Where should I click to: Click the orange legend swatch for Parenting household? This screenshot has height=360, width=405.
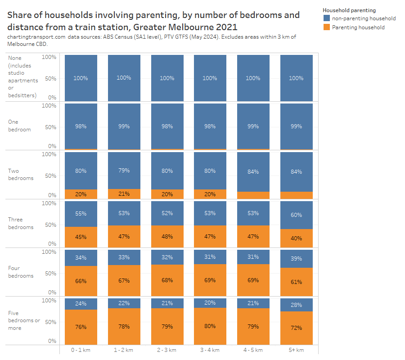click(x=327, y=27)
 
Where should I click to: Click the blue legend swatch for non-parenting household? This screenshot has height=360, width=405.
click(x=327, y=18)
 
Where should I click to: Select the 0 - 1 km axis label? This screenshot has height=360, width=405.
click(x=81, y=350)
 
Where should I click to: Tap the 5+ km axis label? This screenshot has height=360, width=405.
click(x=296, y=350)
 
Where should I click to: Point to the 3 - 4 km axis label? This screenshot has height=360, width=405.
click(x=210, y=350)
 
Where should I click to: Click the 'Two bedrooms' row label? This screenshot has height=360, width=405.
click(x=21, y=175)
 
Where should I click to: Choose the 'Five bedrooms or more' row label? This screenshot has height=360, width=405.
click(x=24, y=320)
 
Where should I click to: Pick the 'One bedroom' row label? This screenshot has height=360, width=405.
click(x=19, y=126)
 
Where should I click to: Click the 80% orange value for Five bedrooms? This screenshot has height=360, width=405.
click(x=210, y=326)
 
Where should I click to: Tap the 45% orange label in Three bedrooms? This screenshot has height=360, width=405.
click(x=81, y=237)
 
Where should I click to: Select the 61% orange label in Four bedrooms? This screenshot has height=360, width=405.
click(x=296, y=282)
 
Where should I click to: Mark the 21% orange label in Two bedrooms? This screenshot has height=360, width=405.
click(x=124, y=194)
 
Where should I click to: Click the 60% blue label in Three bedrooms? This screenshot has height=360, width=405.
click(x=296, y=215)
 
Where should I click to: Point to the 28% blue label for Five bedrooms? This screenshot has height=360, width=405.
click(x=296, y=305)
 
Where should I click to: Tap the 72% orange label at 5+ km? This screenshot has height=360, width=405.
click(x=296, y=328)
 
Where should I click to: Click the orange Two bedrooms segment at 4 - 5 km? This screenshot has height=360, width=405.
click(x=253, y=195)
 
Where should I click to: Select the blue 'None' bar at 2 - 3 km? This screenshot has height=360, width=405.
click(x=167, y=77)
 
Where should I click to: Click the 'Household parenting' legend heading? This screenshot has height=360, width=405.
click(x=349, y=10)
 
